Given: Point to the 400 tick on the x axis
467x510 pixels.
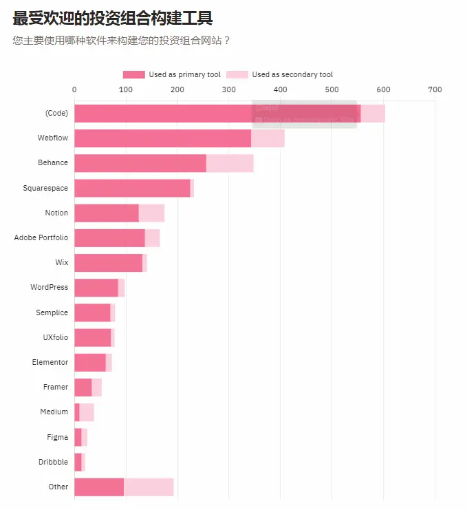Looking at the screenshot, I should pyautogui.click(x=280, y=89).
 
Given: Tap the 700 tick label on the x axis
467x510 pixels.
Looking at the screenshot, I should pyautogui.click(x=434, y=89).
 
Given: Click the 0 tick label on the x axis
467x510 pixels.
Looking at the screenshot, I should pyautogui.click(x=74, y=89).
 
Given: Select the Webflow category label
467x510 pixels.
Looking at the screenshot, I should pyautogui.click(x=53, y=138).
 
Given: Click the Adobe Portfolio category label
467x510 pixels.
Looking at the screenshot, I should pyautogui.click(x=41, y=237).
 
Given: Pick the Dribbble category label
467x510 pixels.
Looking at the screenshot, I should pyautogui.click(x=53, y=462).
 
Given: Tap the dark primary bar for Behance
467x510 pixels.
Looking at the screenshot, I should pyautogui.click(x=140, y=163).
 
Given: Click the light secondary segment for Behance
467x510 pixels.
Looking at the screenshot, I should pyautogui.click(x=230, y=163).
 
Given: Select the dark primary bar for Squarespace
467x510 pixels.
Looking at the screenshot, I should pyautogui.click(x=132, y=188).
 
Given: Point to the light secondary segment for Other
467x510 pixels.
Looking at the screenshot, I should pyautogui.click(x=149, y=487).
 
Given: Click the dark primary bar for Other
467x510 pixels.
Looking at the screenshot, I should pyautogui.click(x=99, y=487).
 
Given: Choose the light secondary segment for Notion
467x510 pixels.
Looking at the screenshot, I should pyautogui.click(x=151, y=213).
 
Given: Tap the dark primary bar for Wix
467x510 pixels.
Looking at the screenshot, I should pyautogui.click(x=108, y=263).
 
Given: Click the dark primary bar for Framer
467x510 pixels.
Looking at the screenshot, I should pyautogui.click(x=83, y=387).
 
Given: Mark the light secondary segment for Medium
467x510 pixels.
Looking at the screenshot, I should pyautogui.click(x=87, y=412).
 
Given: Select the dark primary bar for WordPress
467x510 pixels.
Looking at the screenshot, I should pyautogui.click(x=96, y=288).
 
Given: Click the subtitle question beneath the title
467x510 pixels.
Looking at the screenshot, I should pyautogui.click(x=121, y=40).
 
